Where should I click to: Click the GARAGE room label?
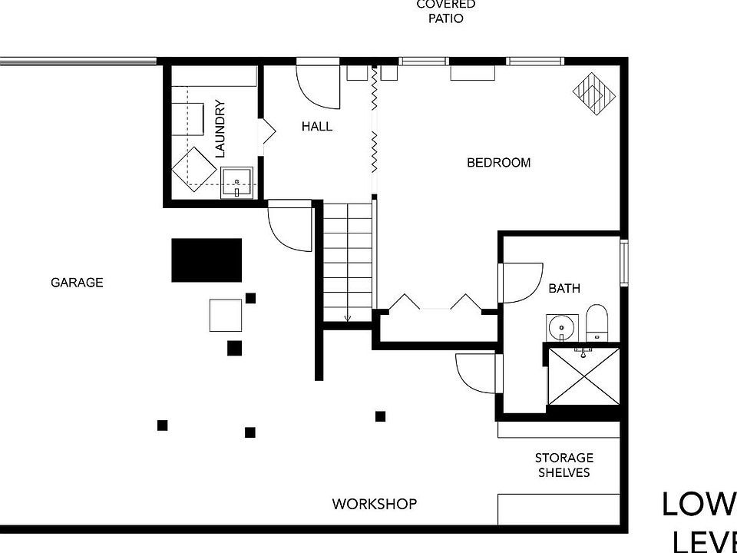77,283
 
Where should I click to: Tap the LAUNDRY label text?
220,129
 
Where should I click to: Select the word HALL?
317,126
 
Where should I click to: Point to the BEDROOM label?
499,163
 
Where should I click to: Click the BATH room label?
564,289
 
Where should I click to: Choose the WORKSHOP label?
375,504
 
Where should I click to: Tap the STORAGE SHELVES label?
564,465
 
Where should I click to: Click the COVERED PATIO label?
446,12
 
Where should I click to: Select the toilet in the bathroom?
597,323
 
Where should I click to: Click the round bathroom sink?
561,326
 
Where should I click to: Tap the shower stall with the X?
583,379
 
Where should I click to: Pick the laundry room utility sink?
237,182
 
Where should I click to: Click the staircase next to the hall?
348,261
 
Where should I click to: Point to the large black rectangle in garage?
207,260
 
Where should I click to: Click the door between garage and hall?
290,224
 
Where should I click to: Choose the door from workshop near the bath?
477,373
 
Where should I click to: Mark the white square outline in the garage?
226,315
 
